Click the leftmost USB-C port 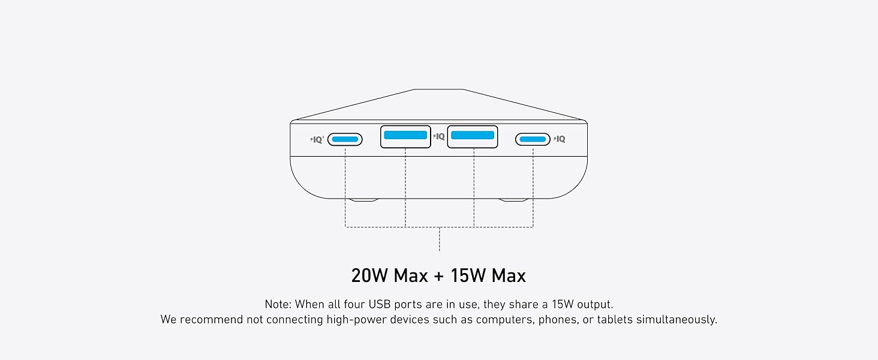pos(345,139)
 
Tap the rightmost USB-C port pos(533,139)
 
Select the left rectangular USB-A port pos(405,136)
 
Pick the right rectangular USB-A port pos(473,136)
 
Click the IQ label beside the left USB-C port pos(317,140)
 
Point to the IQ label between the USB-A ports pos(439,136)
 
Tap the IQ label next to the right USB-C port pos(560,139)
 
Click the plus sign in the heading pos(439,276)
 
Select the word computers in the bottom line pos(506,320)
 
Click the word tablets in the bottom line pos(615,320)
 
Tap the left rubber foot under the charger pos(364,200)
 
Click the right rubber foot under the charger pos(513,200)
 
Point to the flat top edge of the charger pos(439,89)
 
